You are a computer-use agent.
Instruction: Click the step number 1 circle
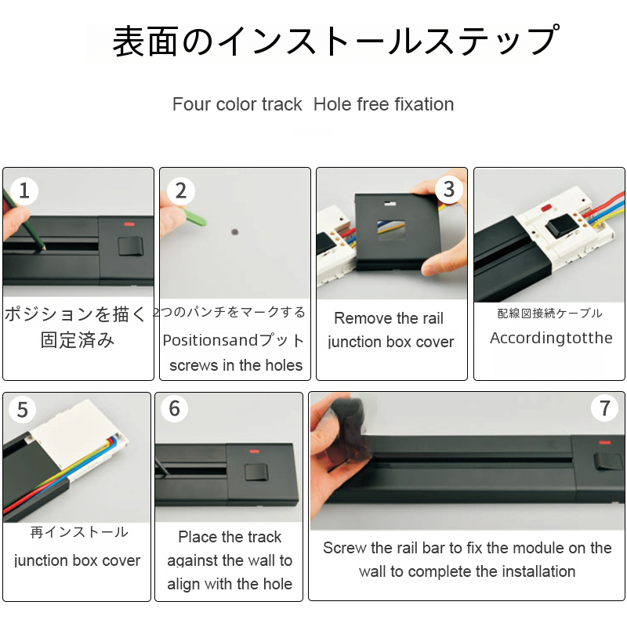tap(24, 190)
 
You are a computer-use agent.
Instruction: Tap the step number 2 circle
tap(181, 190)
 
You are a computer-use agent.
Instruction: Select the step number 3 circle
tap(449, 189)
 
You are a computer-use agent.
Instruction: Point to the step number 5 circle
tap(23, 409)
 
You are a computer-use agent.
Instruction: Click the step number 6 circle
tap(174, 408)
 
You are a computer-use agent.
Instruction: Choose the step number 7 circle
tap(604, 408)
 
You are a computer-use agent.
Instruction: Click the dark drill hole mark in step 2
tap(234, 231)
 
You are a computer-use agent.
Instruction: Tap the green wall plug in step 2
tap(194, 216)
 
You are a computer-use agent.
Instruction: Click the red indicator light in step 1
tap(129, 224)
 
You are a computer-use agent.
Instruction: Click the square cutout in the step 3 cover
tap(390, 230)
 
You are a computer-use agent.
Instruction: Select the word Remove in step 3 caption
tap(357, 318)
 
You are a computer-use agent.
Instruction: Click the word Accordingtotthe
tap(551, 338)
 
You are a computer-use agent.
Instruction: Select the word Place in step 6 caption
tap(196, 537)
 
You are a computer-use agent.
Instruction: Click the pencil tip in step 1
tap(45, 248)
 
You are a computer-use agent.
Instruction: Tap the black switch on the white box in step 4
tap(561, 226)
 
